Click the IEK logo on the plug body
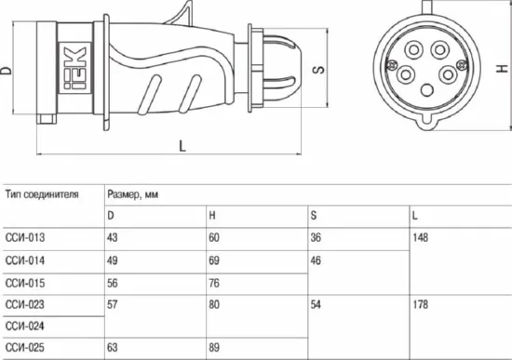coord(74,68)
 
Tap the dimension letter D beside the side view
coord(6,70)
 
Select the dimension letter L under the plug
coord(182,145)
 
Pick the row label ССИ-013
coord(25,237)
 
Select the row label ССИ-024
coord(25,326)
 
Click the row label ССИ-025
coord(25,347)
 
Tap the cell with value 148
coord(420,237)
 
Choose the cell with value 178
coord(420,304)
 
